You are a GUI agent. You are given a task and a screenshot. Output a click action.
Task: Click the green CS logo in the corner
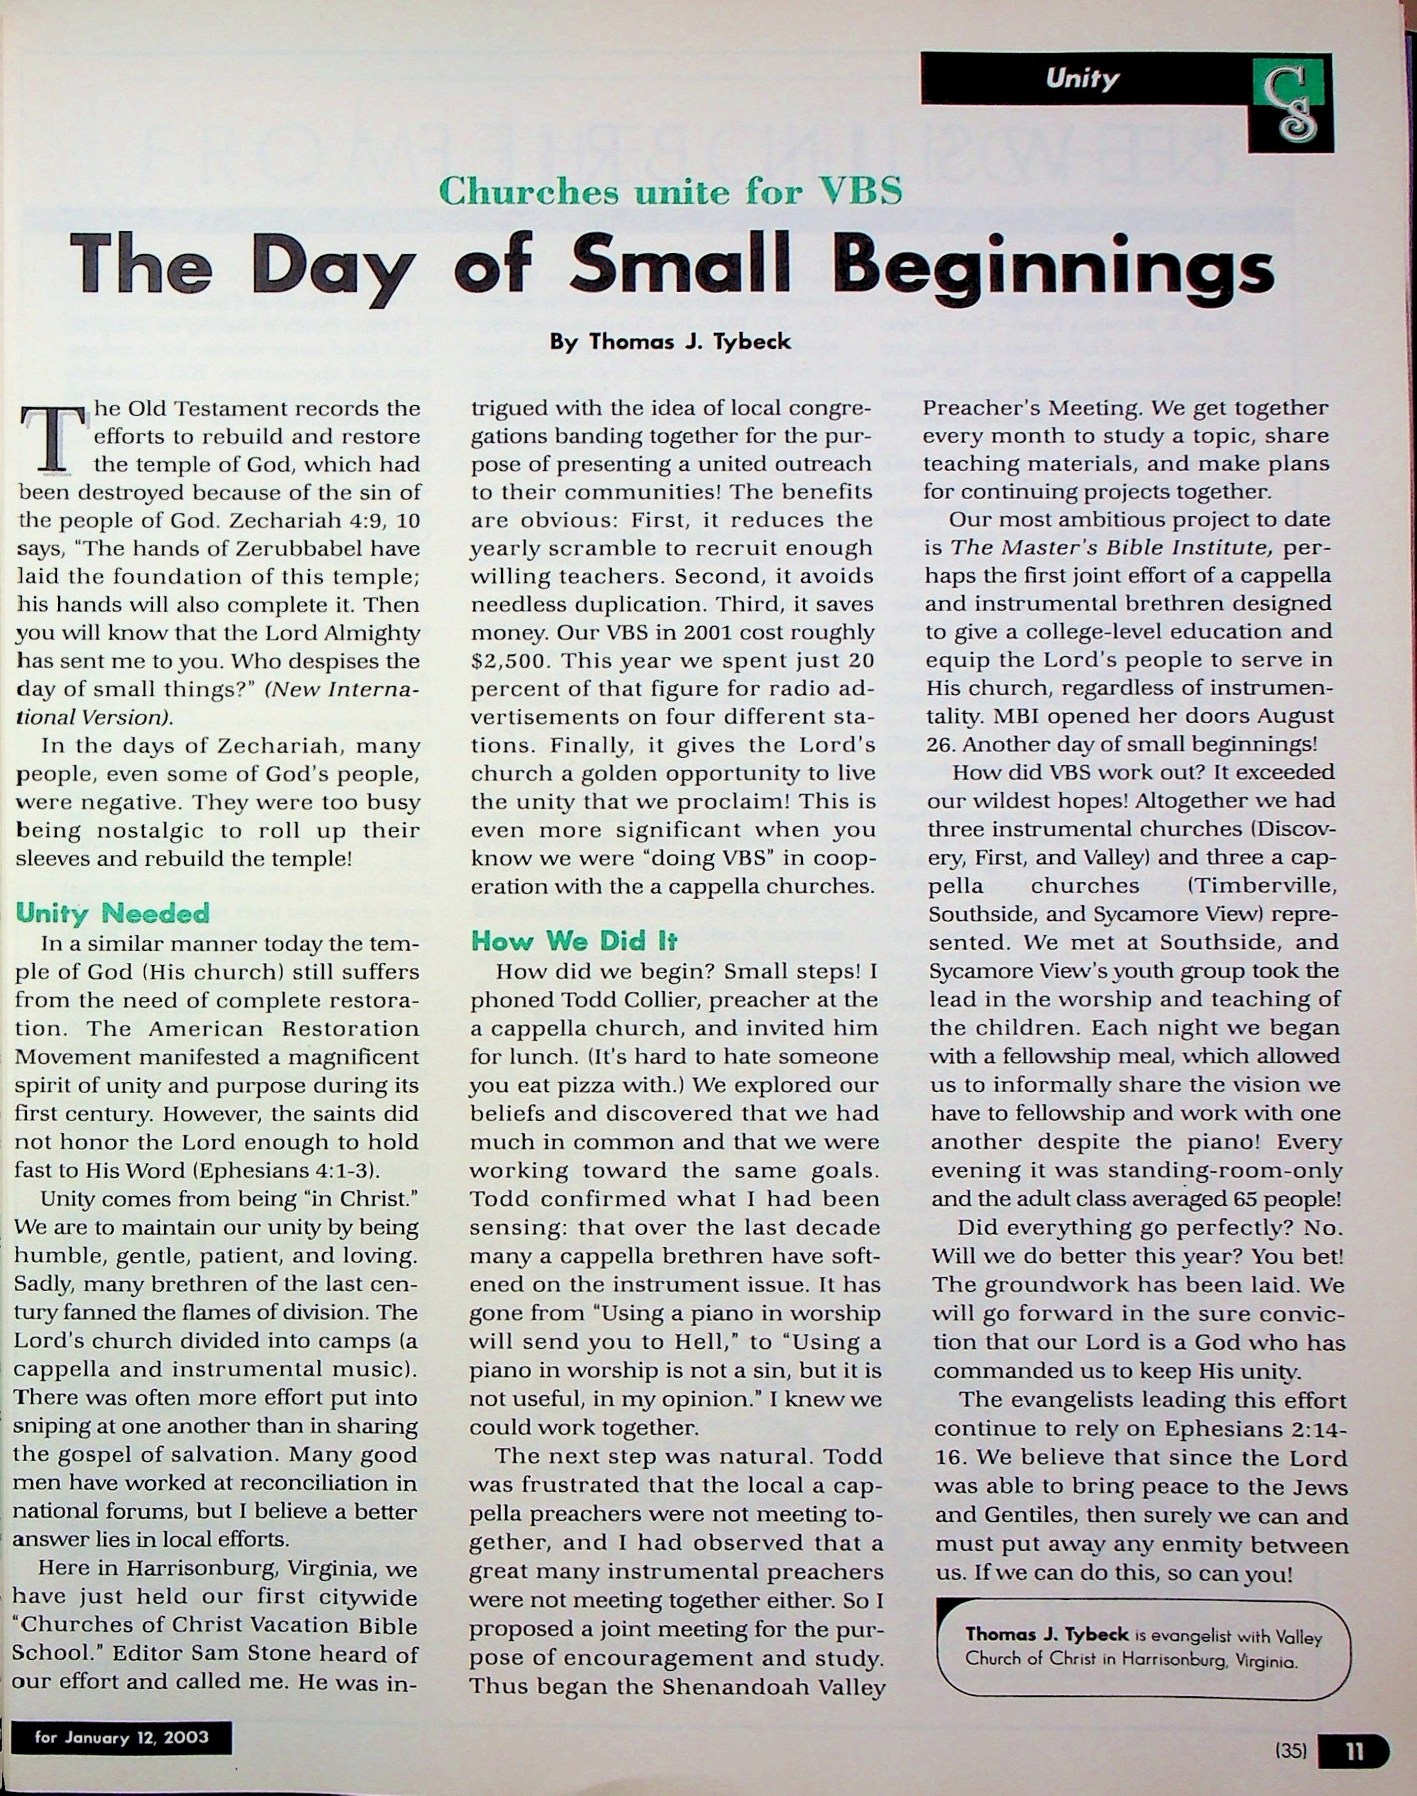coord(1290,104)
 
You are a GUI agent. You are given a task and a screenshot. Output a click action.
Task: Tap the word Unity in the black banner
coord(1082,79)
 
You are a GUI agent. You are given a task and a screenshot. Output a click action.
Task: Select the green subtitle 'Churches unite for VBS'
coord(669,192)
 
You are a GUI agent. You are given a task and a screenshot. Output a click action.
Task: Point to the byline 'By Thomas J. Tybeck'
coord(669,342)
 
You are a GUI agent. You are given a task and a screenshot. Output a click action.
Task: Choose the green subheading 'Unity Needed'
coord(113,913)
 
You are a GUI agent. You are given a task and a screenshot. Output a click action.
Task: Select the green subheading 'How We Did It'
coord(574,940)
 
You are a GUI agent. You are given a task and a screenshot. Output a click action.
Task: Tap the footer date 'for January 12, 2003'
coord(121,1737)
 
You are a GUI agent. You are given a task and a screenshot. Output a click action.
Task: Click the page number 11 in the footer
coord(1354,1751)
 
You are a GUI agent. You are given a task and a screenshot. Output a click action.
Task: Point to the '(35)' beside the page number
coord(1291,1751)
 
